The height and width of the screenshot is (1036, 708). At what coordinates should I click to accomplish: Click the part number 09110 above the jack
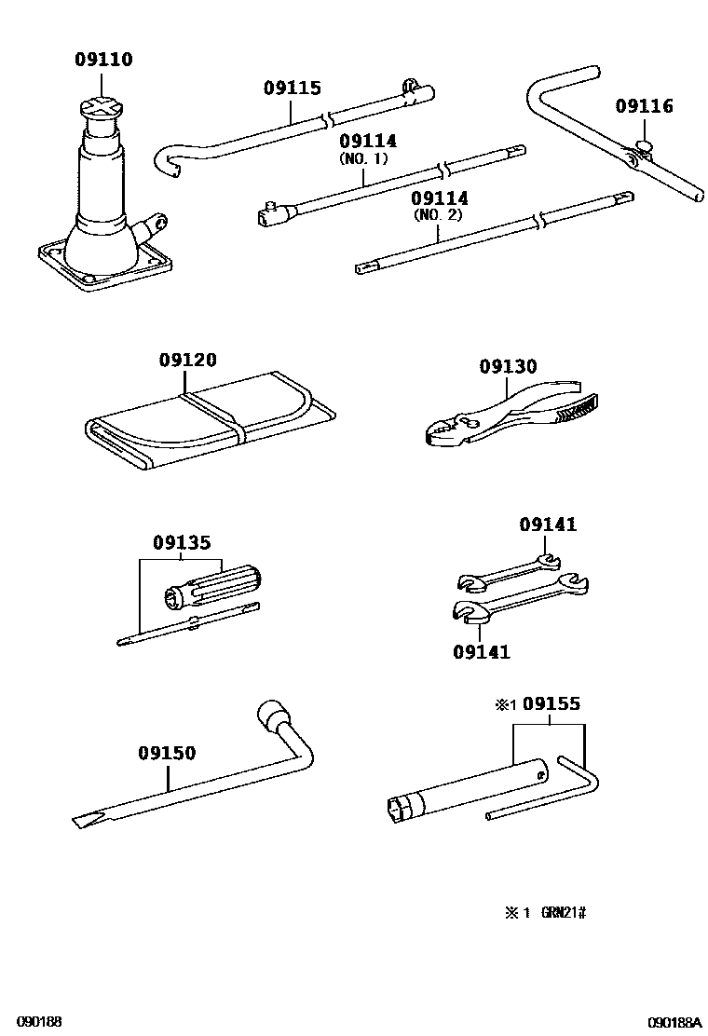point(103,61)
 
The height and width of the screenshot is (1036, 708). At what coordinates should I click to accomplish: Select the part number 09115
point(292,89)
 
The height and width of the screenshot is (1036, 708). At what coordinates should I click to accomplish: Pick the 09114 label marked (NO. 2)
point(440,199)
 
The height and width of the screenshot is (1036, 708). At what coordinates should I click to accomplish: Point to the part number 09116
point(643,106)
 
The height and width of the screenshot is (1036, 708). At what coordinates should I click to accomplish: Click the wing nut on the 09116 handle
point(641,146)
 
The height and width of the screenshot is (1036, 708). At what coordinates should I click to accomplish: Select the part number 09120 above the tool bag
point(187,360)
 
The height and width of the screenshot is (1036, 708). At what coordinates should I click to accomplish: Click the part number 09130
point(509,367)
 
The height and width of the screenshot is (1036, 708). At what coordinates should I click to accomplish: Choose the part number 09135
point(182,542)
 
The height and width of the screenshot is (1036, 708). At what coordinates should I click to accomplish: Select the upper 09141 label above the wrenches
point(548,525)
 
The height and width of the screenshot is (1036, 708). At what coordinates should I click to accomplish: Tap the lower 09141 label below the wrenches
point(481,652)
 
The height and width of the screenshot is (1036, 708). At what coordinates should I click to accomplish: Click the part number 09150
point(168,753)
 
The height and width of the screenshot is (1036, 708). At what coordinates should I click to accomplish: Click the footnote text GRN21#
point(564,912)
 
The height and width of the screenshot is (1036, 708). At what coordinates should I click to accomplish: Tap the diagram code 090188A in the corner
point(674,1022)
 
